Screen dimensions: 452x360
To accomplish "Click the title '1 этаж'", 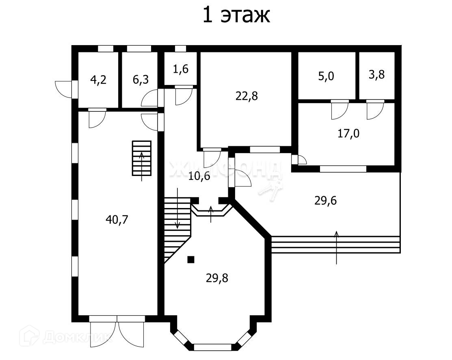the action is pyautogui.click(x=236, y=15).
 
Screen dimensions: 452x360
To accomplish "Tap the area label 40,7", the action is pyautogui.click(x=117, y=220).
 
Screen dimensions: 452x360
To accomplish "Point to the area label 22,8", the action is pyautogui.click(x=247, y=96).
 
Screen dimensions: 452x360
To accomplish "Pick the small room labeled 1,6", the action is pyautogui.click(x=181, y=69).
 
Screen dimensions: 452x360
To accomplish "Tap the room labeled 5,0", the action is pyautogui.click(x=326, y=76).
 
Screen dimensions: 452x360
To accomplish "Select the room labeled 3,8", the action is pyautogui.click(x=376, y=75).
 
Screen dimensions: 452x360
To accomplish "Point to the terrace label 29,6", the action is pyautogui.click(x=326, y=200).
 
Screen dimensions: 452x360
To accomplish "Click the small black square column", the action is pyautogui.click(x=191, y=260).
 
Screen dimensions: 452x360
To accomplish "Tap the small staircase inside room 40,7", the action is pyautogui.click(x=141, y=158).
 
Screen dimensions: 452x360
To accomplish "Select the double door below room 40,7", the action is pyautogui.click(x=117, y=332).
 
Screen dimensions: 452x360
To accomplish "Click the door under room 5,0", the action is pyautogui.click(x=340, y=110).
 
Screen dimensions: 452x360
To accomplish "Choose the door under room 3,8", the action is pyautogui.click(x=375, y=110).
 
